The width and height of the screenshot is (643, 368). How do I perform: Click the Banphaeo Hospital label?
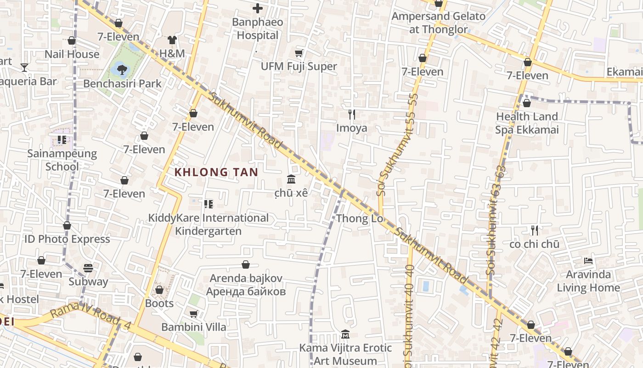point(258,29)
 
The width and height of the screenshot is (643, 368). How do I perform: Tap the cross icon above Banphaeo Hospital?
point(258,8)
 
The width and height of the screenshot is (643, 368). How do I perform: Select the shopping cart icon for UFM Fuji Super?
point(299,53)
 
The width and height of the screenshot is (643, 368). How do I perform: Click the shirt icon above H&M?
point(172,40)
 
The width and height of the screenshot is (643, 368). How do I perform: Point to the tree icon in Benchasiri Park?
point(122,69)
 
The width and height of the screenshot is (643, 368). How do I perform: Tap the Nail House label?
point(72,54)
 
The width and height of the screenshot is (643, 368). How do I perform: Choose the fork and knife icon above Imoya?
point(352,114)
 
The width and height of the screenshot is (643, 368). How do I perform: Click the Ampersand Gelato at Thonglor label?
point(439,23)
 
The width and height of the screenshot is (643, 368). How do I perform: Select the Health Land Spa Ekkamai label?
point(527,123)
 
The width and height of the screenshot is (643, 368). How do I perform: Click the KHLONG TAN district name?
point(216,172)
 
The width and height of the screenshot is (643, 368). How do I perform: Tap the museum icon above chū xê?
point(291,179)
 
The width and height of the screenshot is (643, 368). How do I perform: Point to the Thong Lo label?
point(360,218)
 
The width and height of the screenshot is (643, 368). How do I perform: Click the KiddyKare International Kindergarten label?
point(209,224)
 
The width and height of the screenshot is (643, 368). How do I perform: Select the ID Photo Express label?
point(67,239)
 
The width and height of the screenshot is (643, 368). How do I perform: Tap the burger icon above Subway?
point(88,268)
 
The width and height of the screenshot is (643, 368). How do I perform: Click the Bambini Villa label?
point(193,327)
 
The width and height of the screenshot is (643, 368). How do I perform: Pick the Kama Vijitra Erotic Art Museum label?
point(345,354)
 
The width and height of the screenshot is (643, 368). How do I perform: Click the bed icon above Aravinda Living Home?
point(588,261)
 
